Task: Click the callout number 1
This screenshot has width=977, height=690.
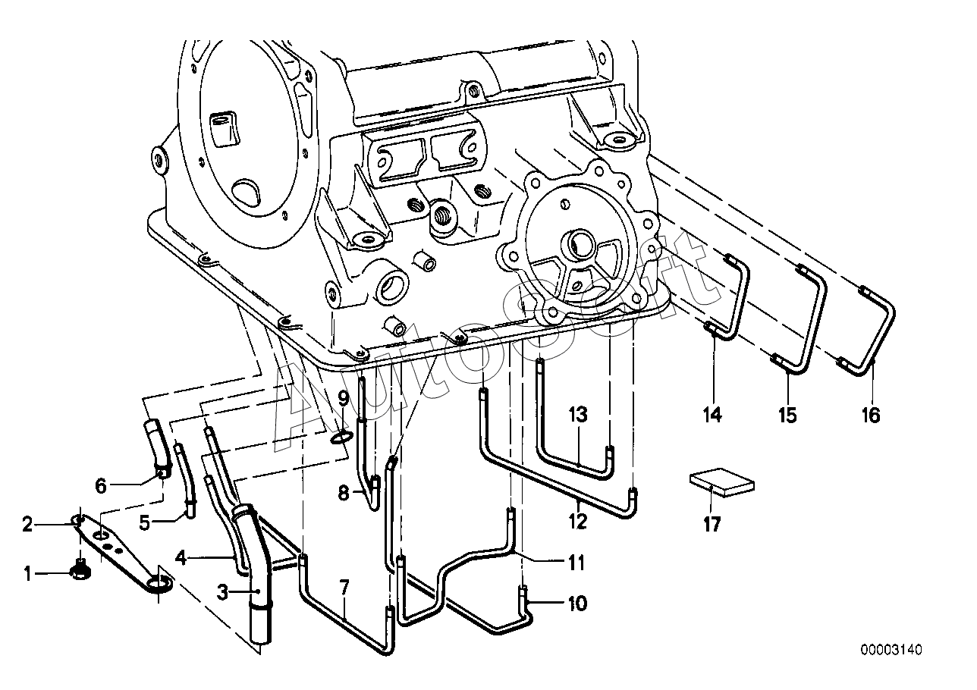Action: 28,574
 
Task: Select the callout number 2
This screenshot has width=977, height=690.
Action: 28,524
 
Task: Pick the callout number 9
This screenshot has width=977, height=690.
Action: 343,397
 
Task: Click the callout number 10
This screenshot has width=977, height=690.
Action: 576,604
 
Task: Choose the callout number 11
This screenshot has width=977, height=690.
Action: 576,563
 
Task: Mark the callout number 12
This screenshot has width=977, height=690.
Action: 578,521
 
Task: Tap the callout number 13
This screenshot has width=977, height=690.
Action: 578,414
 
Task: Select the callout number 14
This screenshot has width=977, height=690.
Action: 712,415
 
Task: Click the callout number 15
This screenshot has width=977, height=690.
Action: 787,415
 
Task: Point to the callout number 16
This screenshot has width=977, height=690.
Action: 871,415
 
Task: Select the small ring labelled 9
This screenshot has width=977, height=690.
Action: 342,436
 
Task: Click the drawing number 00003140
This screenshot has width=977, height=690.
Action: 891,650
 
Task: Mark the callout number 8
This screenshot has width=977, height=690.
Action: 344,494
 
